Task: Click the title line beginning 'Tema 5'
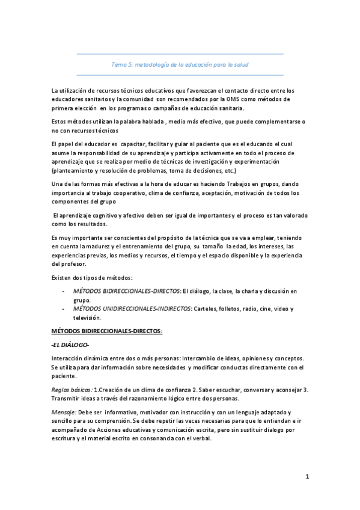(x=180, y=64)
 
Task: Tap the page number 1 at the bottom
(x=307, y=478)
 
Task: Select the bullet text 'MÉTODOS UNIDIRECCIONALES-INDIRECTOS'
(x=131, y=309)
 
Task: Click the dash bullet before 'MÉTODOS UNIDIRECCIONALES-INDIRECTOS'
(x=64, y=309)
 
